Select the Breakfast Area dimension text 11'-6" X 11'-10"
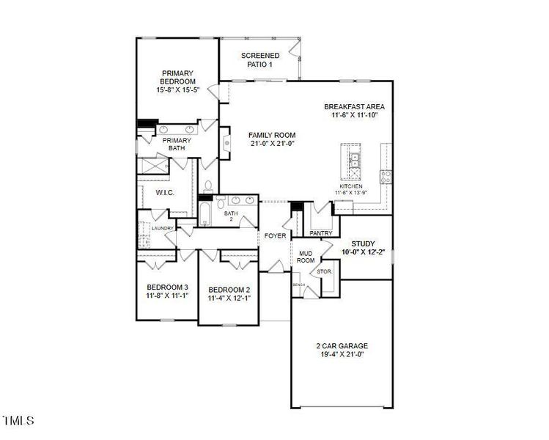point(354,115)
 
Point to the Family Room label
point(272,135)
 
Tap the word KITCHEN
point(351,186)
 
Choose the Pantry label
point(321,233)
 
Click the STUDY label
point(363,243)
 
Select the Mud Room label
point(306,257)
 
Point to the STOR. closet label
point(325,272)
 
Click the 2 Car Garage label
point(342,346)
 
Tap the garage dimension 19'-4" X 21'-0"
point(342,355)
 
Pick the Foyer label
point(275,235)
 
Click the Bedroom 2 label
point(229,289)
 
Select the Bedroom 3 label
point(168,287)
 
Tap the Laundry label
point(162,228)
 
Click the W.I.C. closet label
point(164,192)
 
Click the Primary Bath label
point(177,144)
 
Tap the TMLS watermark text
point(19,421)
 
